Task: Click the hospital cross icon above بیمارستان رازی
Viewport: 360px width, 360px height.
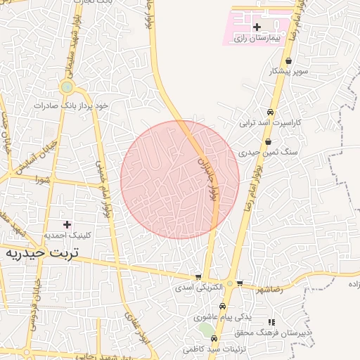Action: click(x=257, y=27)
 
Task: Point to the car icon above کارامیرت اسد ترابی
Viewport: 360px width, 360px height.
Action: click(x=270, y=112)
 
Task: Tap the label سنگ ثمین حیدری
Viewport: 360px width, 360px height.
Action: click(x=259, y=152)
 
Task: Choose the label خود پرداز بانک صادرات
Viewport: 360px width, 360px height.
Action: click(x=73, y=105)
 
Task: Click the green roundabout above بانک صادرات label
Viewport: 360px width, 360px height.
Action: click(x=67, y=87)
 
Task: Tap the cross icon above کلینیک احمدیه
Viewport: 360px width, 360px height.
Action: click(x=67, y=224)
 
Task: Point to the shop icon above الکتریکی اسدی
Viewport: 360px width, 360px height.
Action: click(x=198, y=277)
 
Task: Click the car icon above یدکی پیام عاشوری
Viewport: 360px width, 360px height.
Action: click(x=223, y=307)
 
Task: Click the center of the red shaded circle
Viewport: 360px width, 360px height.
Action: click(x=180, y=180)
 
